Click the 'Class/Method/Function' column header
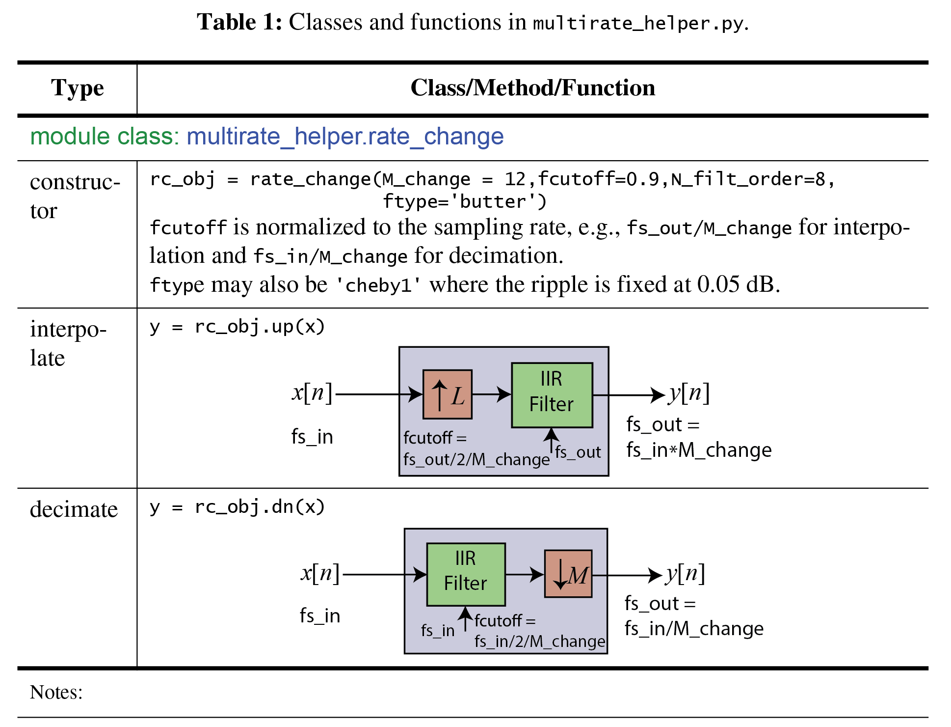[x=532, y=88]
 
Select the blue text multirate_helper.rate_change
[x=345, y=137]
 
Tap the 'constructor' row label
[x=75, y=196]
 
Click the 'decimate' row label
[x=74, y=509]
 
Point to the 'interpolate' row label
[x=68, y=343]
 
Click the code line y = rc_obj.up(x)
[x=237, y=327]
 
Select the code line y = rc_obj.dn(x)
[x=237, y=507]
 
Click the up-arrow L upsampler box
[x=447, y=394]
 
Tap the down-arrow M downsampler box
[x=568, y=574]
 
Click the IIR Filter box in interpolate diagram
[x=552, y=395]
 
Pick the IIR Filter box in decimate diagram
[x=465, y=574]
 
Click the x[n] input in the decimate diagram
[x=320, y=573]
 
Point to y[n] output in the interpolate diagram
[x=689, y=393]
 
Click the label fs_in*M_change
[x=699, y=450]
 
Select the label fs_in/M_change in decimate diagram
[x=694, y=629]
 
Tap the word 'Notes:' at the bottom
[x=56, y=692]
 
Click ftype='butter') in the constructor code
[x=464, y=202]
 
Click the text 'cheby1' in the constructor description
[x=378, y=285]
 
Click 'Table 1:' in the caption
[x=239, y=23]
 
